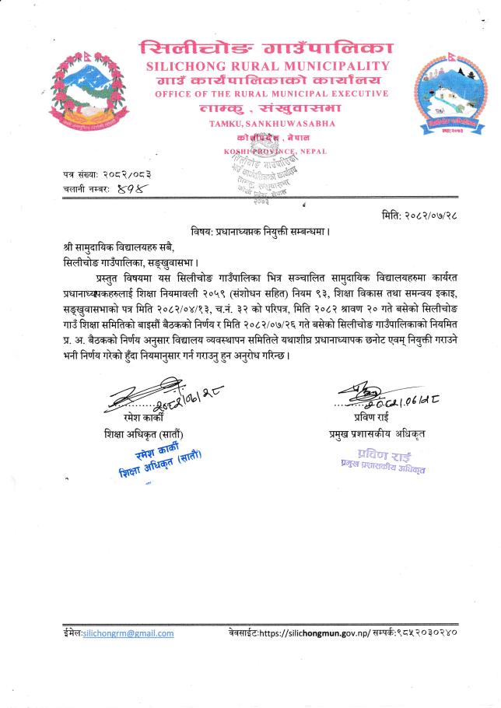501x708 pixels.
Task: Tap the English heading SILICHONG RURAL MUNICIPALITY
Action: [x=268, y=66]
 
